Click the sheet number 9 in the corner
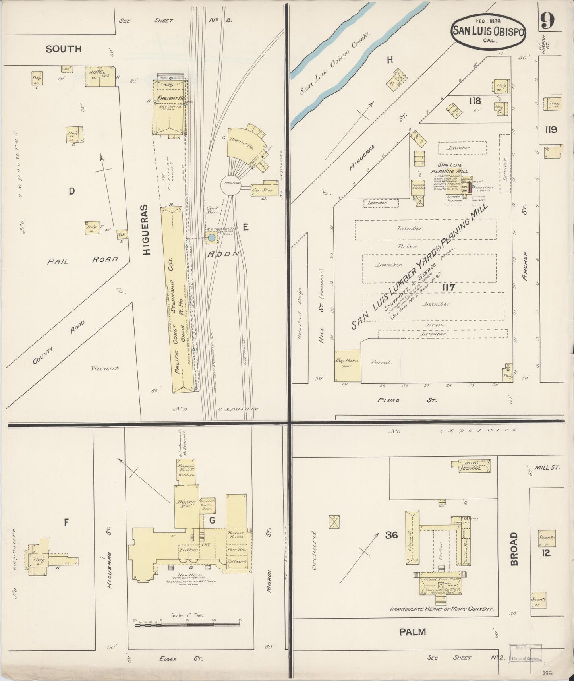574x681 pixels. click(547, 21)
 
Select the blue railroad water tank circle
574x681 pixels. click(212, 238)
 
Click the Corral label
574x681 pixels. click(381, 362)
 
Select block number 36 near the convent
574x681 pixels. click(392, 535)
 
